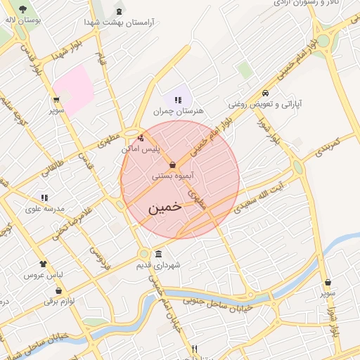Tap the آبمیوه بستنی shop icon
coord(173,165)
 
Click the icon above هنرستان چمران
coord(178,100)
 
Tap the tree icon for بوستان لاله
coord(23,9)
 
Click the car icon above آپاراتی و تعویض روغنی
coord(265,94)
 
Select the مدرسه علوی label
coord(44,209)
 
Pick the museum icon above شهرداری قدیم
coord(159,254)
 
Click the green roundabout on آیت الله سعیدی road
coord(298,167)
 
